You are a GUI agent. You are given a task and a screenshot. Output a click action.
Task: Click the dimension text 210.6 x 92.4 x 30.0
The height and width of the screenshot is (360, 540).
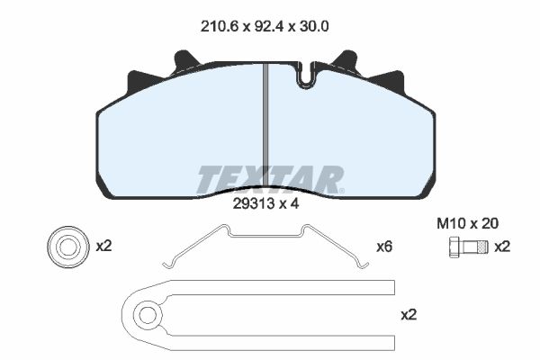[265, 26]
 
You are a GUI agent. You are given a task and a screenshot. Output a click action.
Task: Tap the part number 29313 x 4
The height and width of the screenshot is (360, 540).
[265, 203]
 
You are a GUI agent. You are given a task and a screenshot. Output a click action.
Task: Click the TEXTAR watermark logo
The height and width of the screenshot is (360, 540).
[270, 180]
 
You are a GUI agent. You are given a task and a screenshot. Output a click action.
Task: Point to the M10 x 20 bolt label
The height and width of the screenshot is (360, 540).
[467, 223]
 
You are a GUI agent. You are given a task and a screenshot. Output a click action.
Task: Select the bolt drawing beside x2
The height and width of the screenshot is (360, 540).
[469, 247]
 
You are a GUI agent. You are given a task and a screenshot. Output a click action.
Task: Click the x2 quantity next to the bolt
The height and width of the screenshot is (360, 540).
[502, 247]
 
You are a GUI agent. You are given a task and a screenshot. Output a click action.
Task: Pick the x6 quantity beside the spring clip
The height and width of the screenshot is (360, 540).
[384, 247]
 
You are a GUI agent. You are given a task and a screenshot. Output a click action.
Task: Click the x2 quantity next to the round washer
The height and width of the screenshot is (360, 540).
[103, 247]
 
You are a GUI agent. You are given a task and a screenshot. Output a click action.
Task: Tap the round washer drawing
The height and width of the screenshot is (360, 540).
[68, 247]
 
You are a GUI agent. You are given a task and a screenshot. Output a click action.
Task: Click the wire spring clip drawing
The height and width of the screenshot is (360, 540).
[265, 236]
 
